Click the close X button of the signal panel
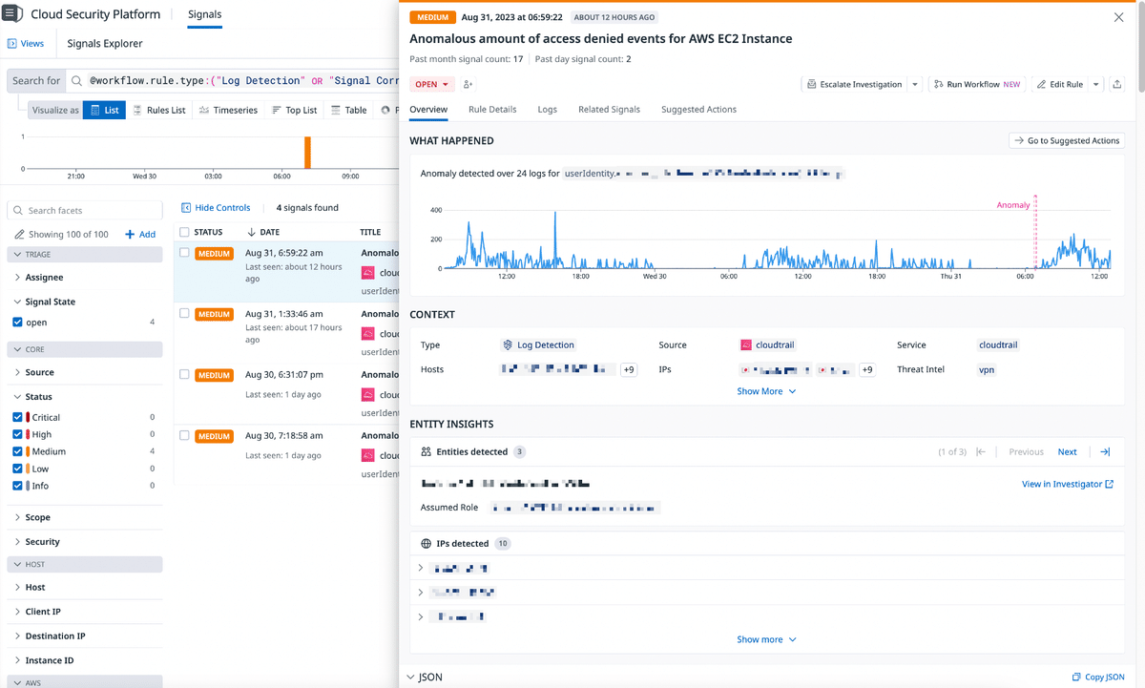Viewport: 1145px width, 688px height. coord(1118,17)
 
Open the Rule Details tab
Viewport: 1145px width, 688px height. coord(492,110)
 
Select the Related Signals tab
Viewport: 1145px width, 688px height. coord(609,110)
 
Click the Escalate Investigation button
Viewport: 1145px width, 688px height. coord(854,85)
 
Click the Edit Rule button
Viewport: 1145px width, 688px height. coord(1060,85)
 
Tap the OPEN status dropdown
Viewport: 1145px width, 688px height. coord(431,85)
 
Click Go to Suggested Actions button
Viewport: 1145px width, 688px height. coord(1066,141)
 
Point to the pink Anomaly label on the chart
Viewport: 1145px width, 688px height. coord(1013,205)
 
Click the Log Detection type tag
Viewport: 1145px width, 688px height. coord(539,345)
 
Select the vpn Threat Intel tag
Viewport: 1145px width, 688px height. coord(987,369)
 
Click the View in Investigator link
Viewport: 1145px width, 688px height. coord(1067,485)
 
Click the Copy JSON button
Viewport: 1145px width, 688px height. coord(1098,678)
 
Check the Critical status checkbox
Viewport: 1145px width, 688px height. coord(18,417)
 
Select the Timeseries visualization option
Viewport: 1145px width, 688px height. coord(228,111)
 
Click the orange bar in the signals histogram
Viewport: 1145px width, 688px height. coord(307,153)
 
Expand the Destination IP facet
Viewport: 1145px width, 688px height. coord(54,636)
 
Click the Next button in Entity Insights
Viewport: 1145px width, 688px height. coord(1067,452)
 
